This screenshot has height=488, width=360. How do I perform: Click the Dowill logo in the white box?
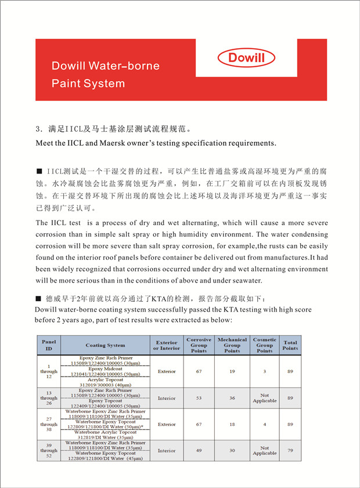[x=246, y=57]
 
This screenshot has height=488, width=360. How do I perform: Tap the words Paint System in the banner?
[x=88, y=83]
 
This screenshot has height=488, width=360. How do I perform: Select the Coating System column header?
[x=105, y=345]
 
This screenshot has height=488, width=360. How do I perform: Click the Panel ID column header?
[x=48, y=345]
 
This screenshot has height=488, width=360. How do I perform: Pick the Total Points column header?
[x=290, y=345]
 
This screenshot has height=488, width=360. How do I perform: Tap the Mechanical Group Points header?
[x=232, y=345]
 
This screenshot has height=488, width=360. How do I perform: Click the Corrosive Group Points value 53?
[x=199, y=398]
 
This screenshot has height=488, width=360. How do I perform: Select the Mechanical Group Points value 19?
[x=232, y=371]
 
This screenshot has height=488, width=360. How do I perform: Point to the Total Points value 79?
[x=290, y=450]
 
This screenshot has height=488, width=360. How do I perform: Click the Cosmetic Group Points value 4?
[x=265, y=424]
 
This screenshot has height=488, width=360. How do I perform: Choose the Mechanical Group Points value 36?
[x=232, y=398]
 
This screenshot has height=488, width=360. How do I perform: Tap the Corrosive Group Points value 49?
[x=199, y=450]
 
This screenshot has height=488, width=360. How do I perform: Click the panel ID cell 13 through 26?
[x=48, y=398]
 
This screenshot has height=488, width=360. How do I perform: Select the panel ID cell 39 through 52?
[x=48, y=450]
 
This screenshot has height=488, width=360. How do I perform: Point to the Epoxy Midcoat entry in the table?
[x=105, y=368]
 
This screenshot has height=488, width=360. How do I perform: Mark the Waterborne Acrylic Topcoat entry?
[x=105, y=432]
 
